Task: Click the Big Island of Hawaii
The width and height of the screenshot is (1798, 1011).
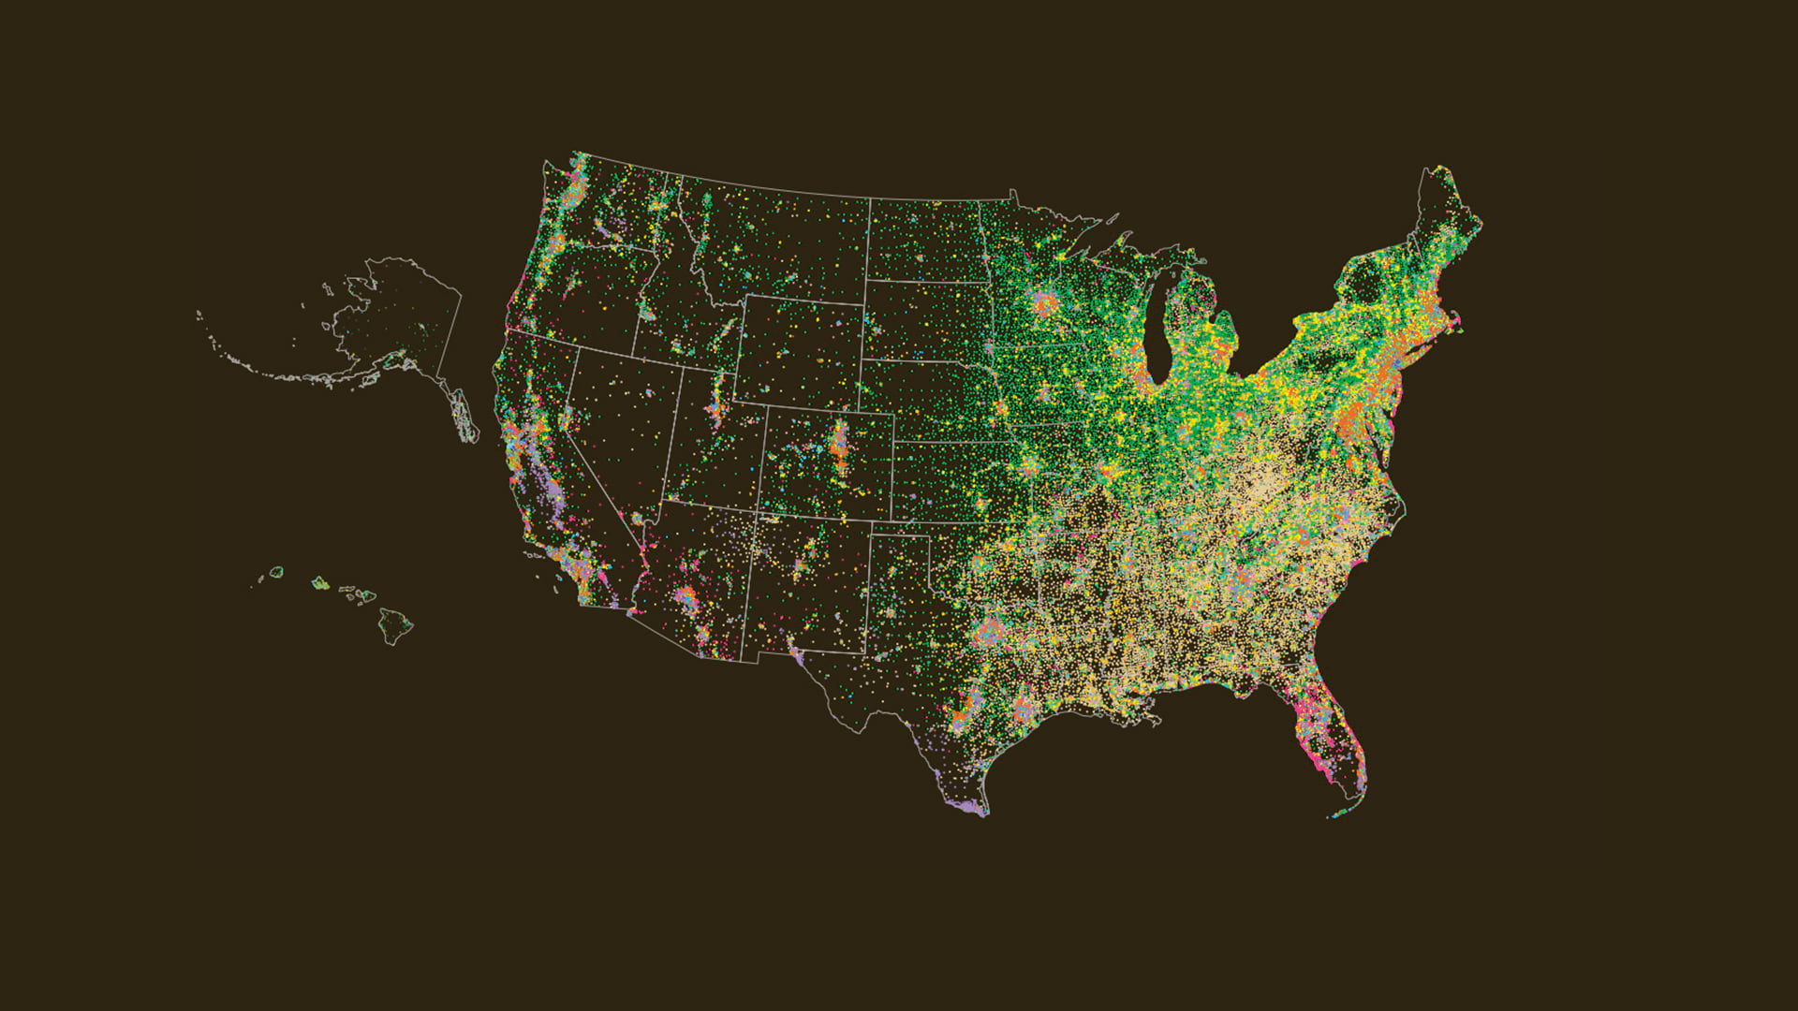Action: tap(396, 624)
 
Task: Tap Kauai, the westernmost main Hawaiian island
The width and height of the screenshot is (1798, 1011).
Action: tap(276, 571)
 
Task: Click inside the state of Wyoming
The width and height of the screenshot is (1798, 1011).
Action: tap(801, 351)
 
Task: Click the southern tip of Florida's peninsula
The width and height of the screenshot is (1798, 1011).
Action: tap(1348, 796)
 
